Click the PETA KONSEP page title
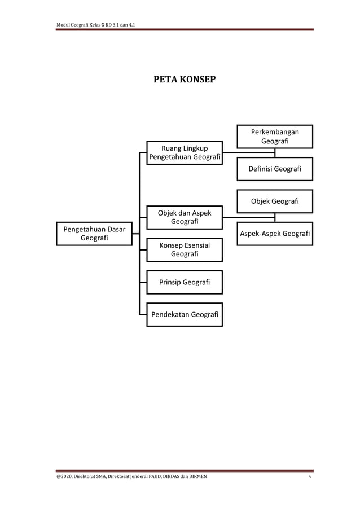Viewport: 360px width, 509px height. pos(185,79)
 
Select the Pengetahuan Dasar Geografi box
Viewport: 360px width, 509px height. pos(94,234)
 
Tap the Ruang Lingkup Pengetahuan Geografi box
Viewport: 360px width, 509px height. pos(185,152)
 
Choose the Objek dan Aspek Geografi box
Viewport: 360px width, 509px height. pos(185,217)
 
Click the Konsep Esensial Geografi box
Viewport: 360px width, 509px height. pos(185,250)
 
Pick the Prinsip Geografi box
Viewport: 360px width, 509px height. pos(185,282)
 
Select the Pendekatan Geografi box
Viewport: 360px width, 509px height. pos(185,314)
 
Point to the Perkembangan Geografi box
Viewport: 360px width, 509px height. pos(275,136)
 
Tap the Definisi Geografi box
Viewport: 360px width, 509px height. pos(275,169)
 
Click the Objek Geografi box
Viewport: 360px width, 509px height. pos(275,201)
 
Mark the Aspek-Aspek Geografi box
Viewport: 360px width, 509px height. pos(275,234)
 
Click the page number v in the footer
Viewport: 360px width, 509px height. pos(310,477)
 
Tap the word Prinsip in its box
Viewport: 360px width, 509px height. pos(172,282)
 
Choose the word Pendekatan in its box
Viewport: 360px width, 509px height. pos(170,314)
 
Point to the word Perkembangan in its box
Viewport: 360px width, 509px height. pos(275,131)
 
